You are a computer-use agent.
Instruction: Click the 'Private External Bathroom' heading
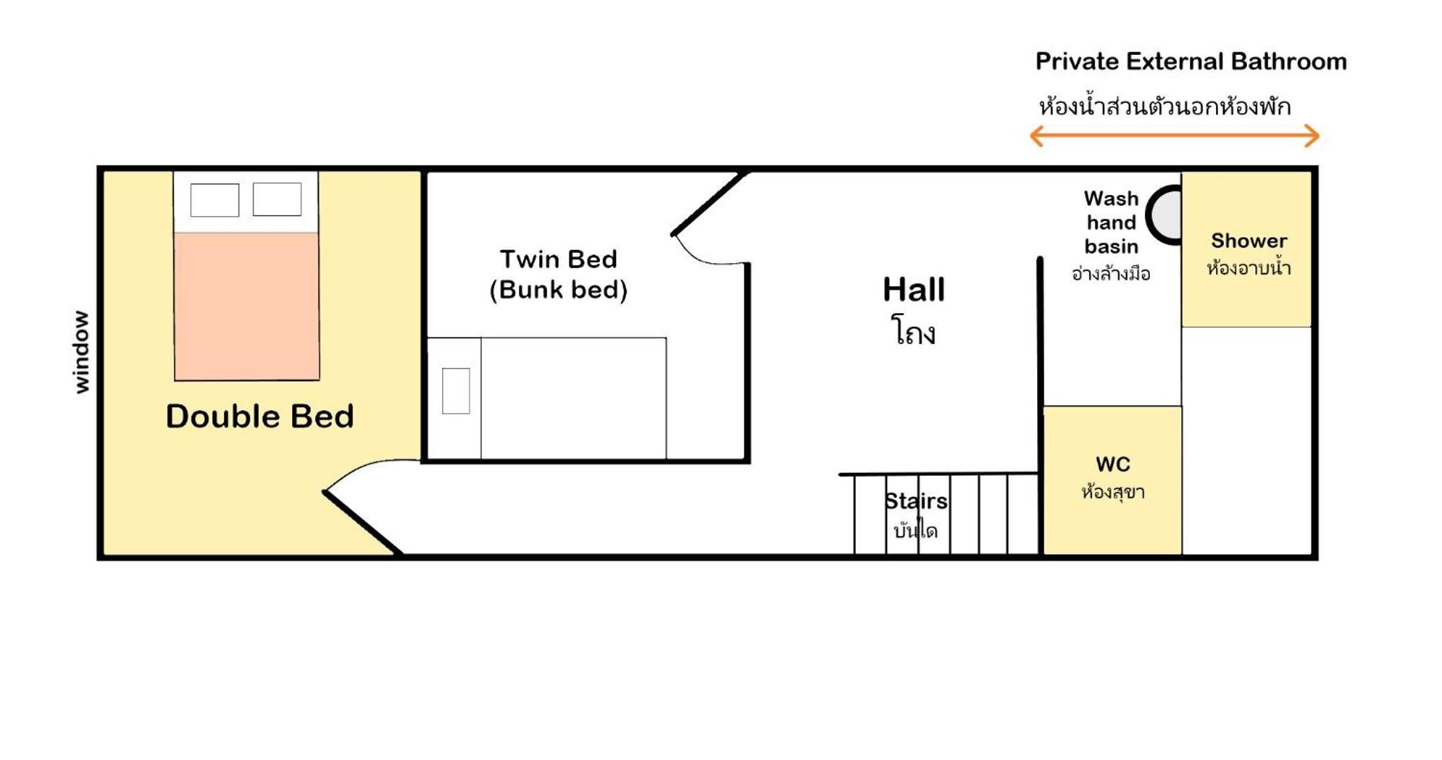[x=1191, y=62]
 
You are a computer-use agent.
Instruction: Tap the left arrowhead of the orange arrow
[x=1036, y=136]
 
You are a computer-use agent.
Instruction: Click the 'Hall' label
[x=914, y=289]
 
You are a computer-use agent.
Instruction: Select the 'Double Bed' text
[x=260, y=416]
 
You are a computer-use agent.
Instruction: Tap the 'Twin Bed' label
[x=558, y=259]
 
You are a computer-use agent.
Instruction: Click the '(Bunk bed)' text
[x=558, y=289]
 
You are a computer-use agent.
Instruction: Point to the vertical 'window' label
[x=82, y=352]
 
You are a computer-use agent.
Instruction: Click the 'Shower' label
[x=1249, y=241]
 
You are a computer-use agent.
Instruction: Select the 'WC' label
[x=1112, y=464]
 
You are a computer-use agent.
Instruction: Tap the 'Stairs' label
[x=915, y=501]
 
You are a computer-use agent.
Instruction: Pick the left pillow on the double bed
[x=215, y=200]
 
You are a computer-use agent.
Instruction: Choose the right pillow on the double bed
[x=277, y=199]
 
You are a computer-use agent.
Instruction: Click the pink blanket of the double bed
[x=247, y=306]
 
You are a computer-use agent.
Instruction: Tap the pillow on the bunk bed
[x=456, y=391]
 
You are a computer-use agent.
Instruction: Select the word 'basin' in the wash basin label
[x=1111, y=246]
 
